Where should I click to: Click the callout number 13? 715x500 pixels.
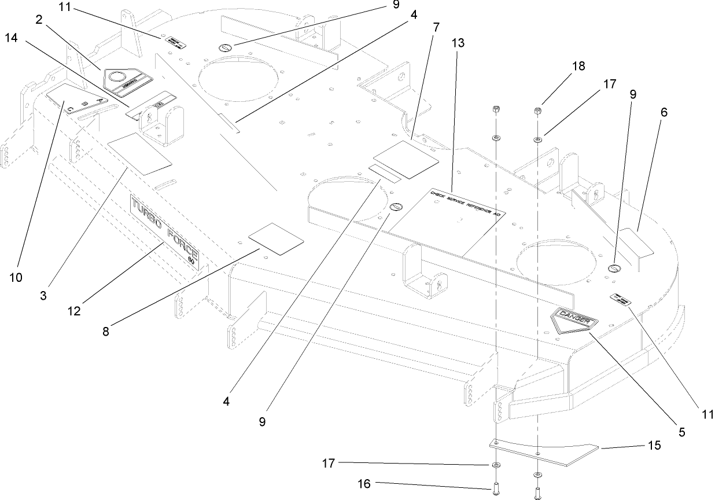coord(459,43)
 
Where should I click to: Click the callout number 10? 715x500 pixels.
coord(16,277)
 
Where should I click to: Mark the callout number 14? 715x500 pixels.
coord(11,38)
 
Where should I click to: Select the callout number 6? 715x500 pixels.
coord(664,112)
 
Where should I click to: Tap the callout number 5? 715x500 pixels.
coord(682,431)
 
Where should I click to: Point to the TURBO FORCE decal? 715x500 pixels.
coord(165,229)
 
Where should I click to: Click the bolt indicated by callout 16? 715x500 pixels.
coord(496,490)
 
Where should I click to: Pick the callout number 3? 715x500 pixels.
coord(44,295)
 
